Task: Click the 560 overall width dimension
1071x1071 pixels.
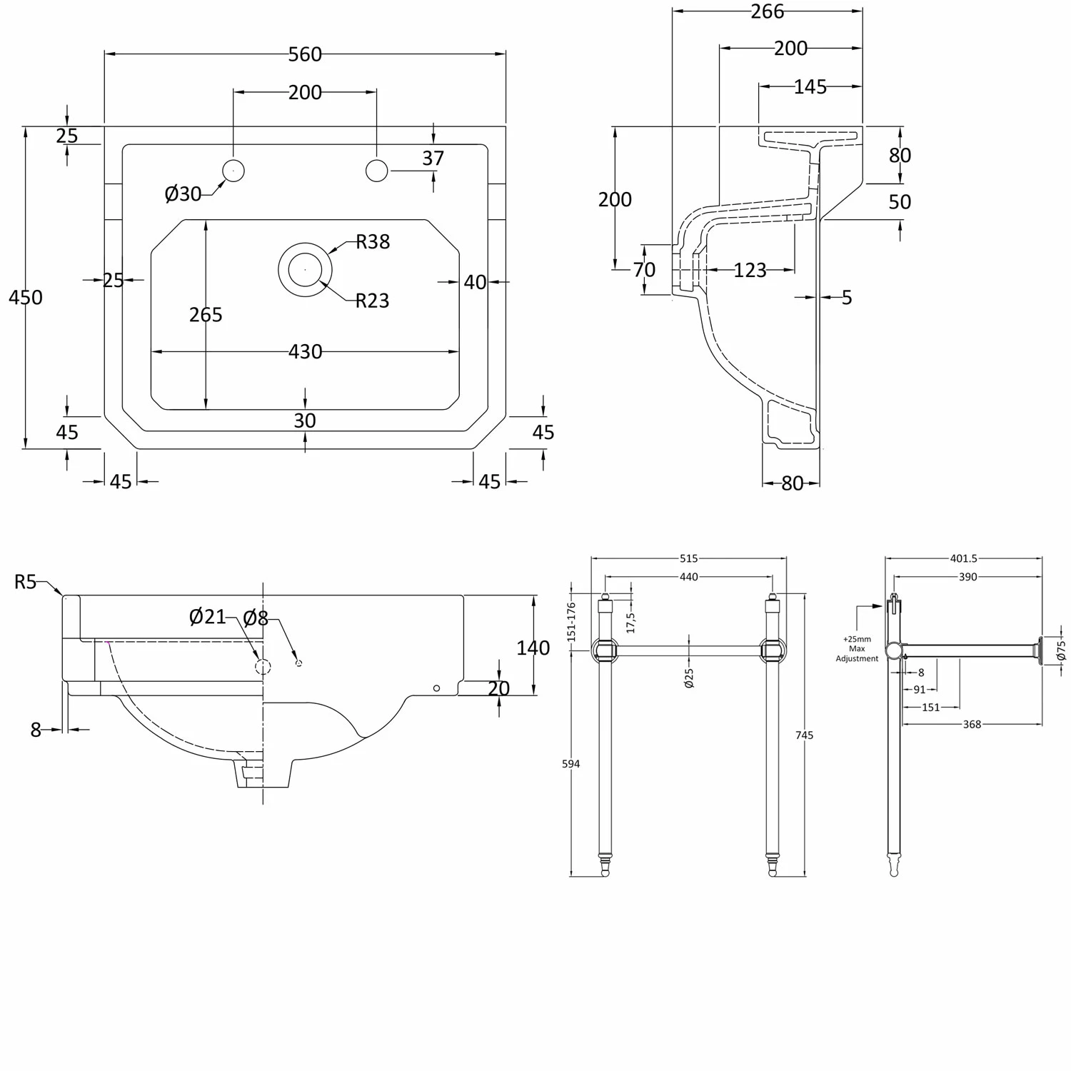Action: coord(305,54)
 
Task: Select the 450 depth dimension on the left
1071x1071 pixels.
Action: coord(26,297)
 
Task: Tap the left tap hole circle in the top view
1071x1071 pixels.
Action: coord(233,171)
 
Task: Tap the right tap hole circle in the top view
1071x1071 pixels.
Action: coord(376,171)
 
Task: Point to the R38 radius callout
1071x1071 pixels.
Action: coord(373,242)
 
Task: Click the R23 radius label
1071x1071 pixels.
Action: coord(372,301)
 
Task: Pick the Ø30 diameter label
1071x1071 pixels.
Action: coord(183,193)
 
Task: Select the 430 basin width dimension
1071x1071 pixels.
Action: coord(305,351)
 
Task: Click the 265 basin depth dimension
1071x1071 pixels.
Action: coord(206,314)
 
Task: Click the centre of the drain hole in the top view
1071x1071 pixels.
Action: coord(305,269)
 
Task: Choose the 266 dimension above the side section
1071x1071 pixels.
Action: coord(768,11)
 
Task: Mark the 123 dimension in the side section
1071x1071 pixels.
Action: coord(750,270)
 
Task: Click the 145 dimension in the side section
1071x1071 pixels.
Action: coord(810,86)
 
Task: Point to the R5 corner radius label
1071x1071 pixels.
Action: coord(25,582)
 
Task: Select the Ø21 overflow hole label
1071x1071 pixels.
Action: coord(207,616)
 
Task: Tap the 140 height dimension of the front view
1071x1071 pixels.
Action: coord(533,648)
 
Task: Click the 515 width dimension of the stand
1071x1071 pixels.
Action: coord(688,558)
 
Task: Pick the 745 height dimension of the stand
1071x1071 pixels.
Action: coord(805,735)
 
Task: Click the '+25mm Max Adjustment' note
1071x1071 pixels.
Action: coord(857,649)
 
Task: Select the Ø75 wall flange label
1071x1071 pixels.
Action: coord(1061,649)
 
